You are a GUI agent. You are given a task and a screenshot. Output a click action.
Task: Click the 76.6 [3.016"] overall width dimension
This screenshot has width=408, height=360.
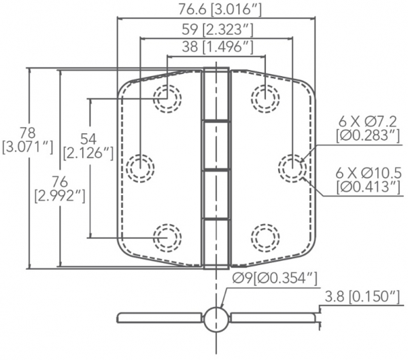pyautogui.click(x=220, y=10)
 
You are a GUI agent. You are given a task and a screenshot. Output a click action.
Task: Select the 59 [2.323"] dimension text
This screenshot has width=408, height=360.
pyautogui.click(x=218, y=29)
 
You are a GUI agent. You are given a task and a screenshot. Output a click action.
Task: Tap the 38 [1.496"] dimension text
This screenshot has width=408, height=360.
pyautogui.click(x=218, y=47)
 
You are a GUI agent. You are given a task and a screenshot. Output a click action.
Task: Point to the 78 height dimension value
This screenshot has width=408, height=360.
pyautogui.click(x=28, y=133)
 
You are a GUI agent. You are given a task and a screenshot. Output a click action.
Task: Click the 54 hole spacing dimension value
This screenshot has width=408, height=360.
pyautogui.click(x=88, y=139)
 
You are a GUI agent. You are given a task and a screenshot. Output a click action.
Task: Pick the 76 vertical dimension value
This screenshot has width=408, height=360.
pyautogui.click(x=60, y=181)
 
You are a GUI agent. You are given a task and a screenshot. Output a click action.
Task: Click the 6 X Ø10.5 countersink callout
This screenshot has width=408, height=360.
pyautogui.click(x=368, y=173)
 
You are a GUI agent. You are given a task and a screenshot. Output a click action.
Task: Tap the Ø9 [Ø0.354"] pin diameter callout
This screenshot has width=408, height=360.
pyautogui.click(x=275, y=278)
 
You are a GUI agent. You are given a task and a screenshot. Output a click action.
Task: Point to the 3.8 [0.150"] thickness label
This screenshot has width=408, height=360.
pyautogui.click(x=362, y=297)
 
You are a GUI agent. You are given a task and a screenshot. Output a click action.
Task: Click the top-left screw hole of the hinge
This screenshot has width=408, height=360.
pyautogui.click(x=167, y=98)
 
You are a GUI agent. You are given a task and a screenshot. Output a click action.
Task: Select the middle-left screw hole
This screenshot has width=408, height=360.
pyautogui.click(x=140, y=168)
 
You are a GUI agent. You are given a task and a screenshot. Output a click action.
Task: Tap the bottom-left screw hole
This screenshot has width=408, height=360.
pyautogui.click(x=167, y=238)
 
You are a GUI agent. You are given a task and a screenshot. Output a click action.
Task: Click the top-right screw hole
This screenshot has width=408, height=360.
pyautogui.click(x=265, y=98)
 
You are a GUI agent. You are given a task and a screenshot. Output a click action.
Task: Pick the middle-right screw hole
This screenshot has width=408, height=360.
pyautogui.click(x=292, y=168)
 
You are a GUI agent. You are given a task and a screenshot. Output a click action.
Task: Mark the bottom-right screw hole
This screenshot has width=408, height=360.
pyautogui.click(x=265, y=238)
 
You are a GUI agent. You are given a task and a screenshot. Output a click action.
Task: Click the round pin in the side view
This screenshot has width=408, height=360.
pyautogui.click(x=216, y=319)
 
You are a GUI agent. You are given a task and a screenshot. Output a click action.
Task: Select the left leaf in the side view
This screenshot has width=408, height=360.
pyautogui.click(x=159, y=318)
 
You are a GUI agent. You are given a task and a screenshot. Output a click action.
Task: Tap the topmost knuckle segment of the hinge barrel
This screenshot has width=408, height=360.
pyautogui.click(x=216, y=94)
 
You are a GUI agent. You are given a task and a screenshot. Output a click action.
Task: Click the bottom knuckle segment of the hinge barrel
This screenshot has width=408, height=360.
pyautogui.click(x=216, y=244)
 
